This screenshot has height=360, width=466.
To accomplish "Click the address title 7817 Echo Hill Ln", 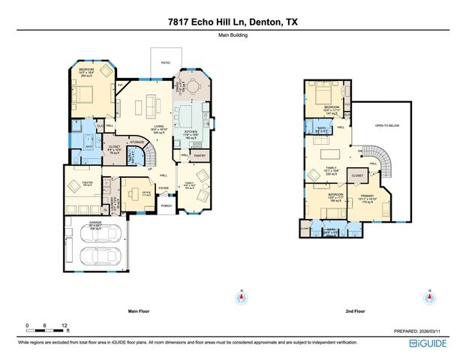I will pyautogui.click(x=233, y=23).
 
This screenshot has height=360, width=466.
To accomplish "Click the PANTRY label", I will pyautogui.click(x=199, y=156).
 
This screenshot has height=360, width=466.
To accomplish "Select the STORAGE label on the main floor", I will pyautogui.click(x=137, y=142).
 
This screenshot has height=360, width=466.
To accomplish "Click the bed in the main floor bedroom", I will pyautogui.click(x=85, y=93).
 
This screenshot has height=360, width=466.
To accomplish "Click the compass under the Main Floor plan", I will pyautogui.click(x=241, y=298).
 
